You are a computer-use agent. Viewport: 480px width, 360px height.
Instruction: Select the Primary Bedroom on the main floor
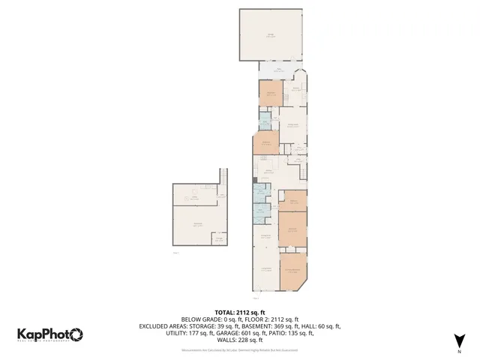click(292, 271)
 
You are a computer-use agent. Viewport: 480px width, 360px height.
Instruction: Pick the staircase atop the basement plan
click(222, 177)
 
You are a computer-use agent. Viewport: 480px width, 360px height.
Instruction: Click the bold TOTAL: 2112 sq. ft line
click(240, 312)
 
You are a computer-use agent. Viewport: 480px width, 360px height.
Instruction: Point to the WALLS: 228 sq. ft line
click(240, 340)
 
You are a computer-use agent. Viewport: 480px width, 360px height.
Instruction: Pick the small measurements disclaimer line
click(240, 349)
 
